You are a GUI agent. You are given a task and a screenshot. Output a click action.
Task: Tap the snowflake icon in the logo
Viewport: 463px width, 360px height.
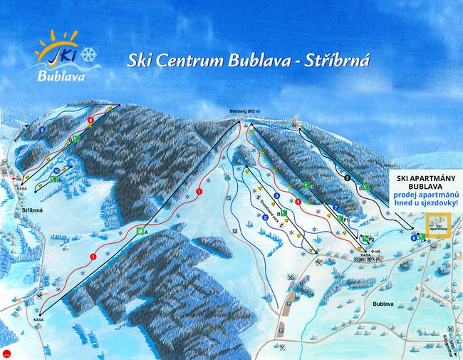pos(89,54)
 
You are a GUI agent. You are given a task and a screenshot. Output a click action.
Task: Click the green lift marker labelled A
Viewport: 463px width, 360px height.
pos(141,232)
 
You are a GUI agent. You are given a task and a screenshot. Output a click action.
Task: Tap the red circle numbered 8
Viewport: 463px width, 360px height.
pos(90,121)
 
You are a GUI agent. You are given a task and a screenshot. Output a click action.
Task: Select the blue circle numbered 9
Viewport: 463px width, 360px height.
pos(43,131)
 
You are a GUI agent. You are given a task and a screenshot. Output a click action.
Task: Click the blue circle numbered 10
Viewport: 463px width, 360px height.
pos(56,171)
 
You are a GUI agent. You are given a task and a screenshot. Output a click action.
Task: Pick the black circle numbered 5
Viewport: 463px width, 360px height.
pos(347,178)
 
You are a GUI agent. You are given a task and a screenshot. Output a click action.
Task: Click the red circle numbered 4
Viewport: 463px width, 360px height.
pos(298,202)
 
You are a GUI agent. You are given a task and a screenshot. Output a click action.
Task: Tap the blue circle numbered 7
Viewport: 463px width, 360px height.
pos(335,207)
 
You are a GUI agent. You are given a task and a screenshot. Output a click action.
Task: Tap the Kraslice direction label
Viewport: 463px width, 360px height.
pos(21,133)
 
